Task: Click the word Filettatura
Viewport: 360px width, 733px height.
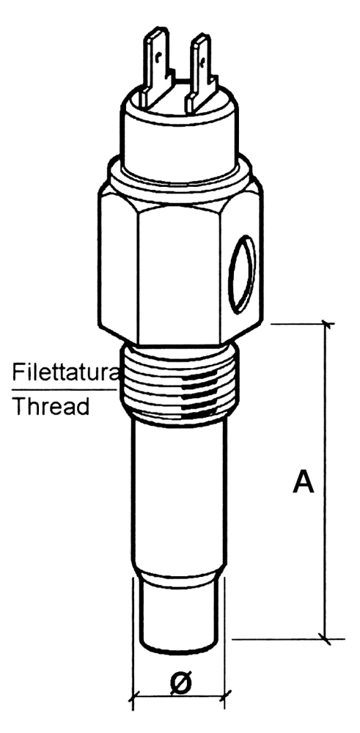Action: [65, 372]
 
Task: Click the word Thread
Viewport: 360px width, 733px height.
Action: [51, 406]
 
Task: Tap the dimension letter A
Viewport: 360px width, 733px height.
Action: [303, 482]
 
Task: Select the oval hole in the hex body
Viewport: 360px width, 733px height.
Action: [242, 274]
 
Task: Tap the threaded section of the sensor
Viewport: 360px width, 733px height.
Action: [180, 383]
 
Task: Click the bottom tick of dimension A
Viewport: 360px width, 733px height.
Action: [326, 638]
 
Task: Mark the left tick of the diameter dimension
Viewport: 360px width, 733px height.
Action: [134, 694]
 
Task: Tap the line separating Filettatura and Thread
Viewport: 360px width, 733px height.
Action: [64, 389]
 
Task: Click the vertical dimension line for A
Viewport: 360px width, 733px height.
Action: [326, 481]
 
